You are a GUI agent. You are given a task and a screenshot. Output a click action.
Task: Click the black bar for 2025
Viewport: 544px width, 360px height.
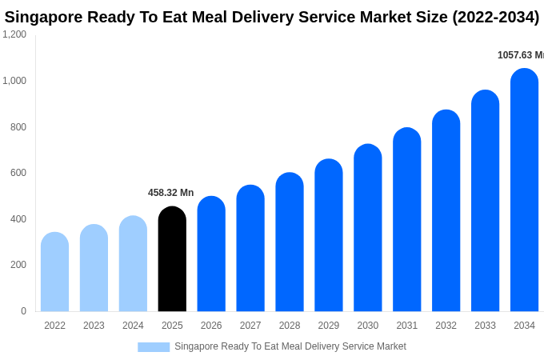pos(172,259)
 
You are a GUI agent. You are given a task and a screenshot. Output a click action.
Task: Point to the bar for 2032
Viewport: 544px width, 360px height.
pos(446,211)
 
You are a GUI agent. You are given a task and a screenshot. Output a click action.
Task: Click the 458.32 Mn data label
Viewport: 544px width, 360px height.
pos(170,193)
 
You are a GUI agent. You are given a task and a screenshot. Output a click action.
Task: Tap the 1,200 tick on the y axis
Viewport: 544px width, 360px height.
pos(14,34)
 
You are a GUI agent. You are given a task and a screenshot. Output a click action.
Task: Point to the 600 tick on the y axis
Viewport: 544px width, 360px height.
pos(18,173)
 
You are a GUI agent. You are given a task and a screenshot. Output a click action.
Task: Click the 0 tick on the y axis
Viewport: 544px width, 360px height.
pos(23,311)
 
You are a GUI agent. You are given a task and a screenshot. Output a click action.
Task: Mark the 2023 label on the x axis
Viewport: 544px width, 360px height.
pos(94,326)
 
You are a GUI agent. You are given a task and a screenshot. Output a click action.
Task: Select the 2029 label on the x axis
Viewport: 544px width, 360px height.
pos(329,326)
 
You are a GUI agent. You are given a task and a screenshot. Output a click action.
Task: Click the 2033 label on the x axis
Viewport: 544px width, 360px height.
pos(485,326)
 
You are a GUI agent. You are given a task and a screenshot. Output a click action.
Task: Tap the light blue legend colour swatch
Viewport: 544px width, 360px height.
pos(154,347)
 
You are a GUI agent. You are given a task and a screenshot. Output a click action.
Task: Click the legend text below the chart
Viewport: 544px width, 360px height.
pos(290,346)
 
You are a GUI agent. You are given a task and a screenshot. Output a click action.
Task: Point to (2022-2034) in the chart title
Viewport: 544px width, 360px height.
pos(495,17)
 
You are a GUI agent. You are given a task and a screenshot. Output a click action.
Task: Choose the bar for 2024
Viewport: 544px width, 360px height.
pos(133,264)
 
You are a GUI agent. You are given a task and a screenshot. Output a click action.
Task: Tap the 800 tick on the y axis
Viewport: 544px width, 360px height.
pos(18,126)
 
